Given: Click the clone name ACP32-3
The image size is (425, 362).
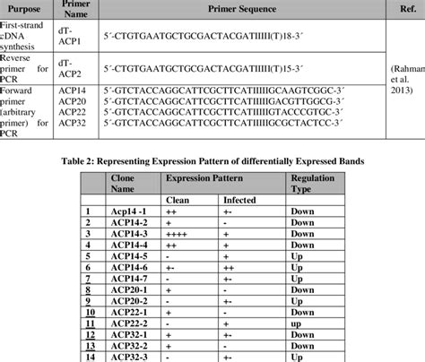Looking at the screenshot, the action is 128,356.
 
